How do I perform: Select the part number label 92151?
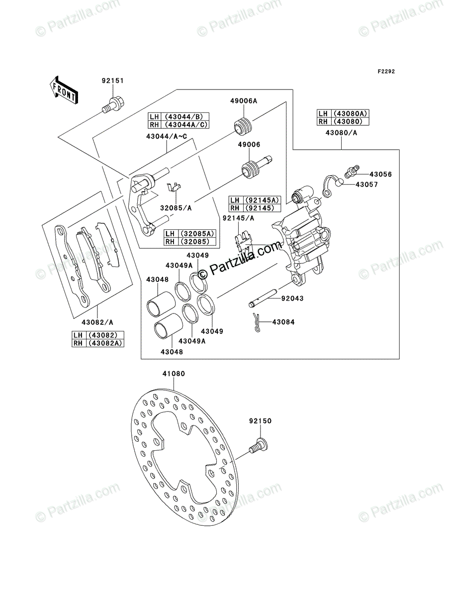pos(113,81)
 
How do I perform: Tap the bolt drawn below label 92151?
pos(114,106)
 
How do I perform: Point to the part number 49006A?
pos(243,101)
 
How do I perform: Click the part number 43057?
pos(366,184)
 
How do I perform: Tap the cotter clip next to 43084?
pos(258,322)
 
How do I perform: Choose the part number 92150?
pos(260,421)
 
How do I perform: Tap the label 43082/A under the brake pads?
pos(97,322)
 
